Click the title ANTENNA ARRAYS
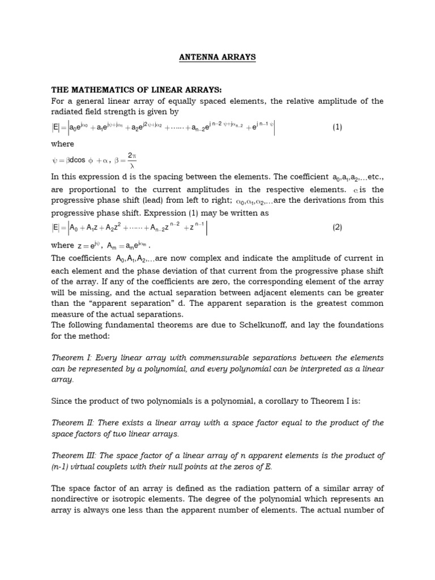coord(217,57)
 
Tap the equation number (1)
coord(338,127)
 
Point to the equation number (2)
coord(338,227)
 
